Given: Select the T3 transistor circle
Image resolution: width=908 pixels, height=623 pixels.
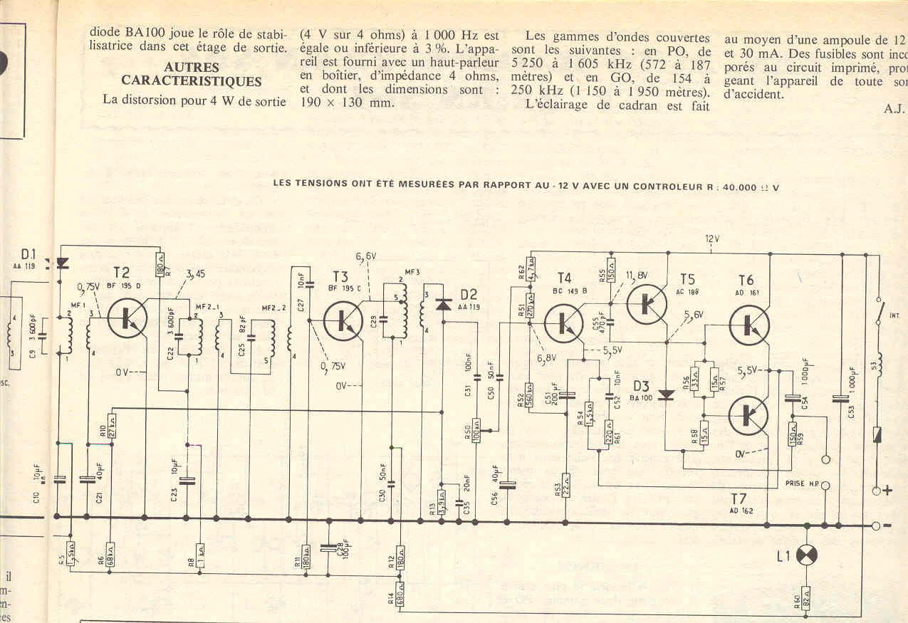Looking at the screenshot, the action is tap(343, 320).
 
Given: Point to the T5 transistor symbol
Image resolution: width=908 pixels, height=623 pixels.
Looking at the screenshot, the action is tap(646, 303).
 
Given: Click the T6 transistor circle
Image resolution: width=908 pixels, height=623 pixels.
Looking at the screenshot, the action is tap(748, 324).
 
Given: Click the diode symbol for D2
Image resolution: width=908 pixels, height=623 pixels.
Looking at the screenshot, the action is tap(444, 305).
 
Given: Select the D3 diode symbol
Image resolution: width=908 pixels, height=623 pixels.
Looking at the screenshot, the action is tap(667, 395).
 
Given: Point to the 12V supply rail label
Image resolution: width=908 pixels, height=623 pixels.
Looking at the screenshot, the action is tap(713, 239).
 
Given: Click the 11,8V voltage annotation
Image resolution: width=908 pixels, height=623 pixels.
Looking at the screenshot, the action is tap(636, 276).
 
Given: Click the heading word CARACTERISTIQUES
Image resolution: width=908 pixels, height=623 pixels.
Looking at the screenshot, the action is tap(192, 81).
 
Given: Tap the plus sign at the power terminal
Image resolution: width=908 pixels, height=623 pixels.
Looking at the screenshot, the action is tap(887, 491).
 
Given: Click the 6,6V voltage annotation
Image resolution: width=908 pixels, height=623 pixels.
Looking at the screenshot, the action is tap(366, 256).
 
